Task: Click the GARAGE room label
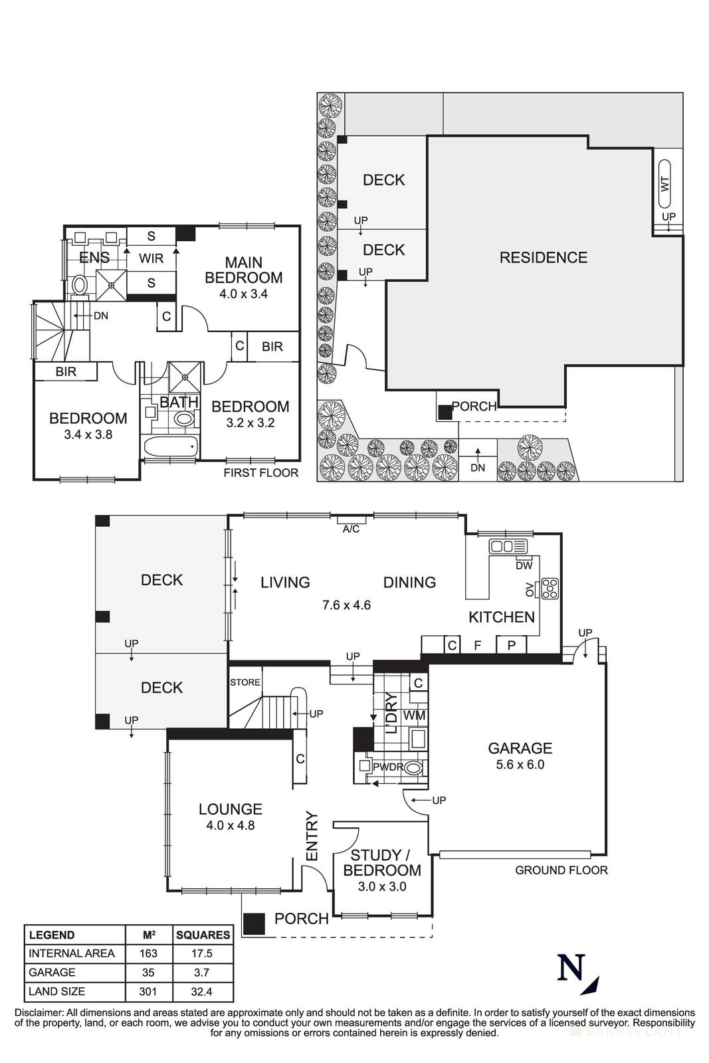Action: pyautogui.click(x=520, y=748)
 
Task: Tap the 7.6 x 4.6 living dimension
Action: pyautogui.click(x=346, y=605)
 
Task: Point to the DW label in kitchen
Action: pyautogui.click(x=524, y=565)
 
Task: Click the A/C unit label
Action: pyautogui.click(x=351, y=529)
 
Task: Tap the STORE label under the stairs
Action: pyautogui.click(x=245, y=682)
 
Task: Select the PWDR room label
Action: pyautogui.click(x=387, y=767)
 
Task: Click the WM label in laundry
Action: pyautogui.click(x=414, y=716)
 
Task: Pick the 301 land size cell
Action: pyautogui.click(x=148, y=991)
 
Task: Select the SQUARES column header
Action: pyautogui.click(x=203, y=934)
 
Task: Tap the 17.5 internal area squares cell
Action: pyautogui.click(x=203, y=953)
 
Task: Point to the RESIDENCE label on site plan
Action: pyautogui.click(x=543, y=257)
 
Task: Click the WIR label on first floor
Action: pyautogui.click(x=151, y=258)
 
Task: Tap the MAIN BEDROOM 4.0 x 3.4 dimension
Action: pyautogui.click(x=243, y=294)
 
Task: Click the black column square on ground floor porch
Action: pyautogui.click(x=253, y=923)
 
